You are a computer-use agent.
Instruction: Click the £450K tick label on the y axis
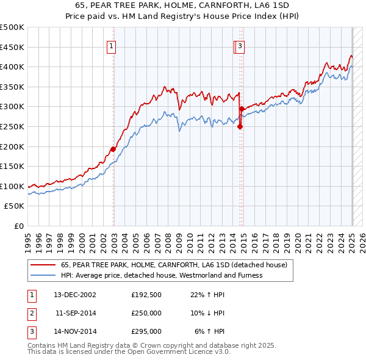pos(12,47)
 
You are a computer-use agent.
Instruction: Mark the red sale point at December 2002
pos(113,149)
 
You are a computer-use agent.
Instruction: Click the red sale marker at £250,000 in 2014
pos(240,127)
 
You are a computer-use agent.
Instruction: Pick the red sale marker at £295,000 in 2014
pos(242,109)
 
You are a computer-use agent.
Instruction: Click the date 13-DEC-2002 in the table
pos(75,295)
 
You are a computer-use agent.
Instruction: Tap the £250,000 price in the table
pos(146,313)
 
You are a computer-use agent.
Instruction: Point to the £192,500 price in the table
pos(146,295)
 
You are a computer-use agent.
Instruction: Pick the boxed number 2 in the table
pos(31,313)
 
